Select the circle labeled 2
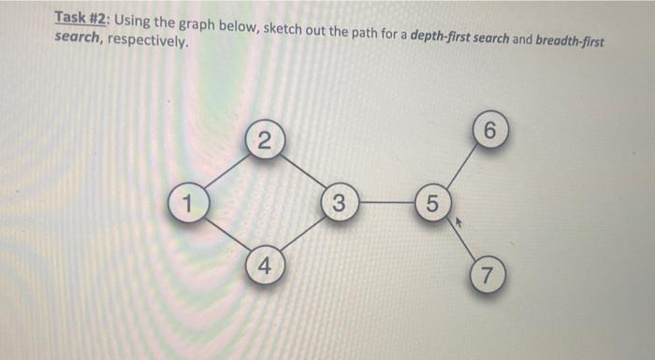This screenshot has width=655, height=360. point(265,141)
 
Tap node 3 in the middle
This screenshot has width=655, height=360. point(340,202)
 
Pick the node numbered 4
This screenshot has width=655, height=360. point(265,264)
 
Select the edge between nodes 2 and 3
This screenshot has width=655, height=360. point(302,171)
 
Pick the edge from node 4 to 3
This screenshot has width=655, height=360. point(302,233)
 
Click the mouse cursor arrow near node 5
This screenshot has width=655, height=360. point(458,223)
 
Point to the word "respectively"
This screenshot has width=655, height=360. point(148,43)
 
